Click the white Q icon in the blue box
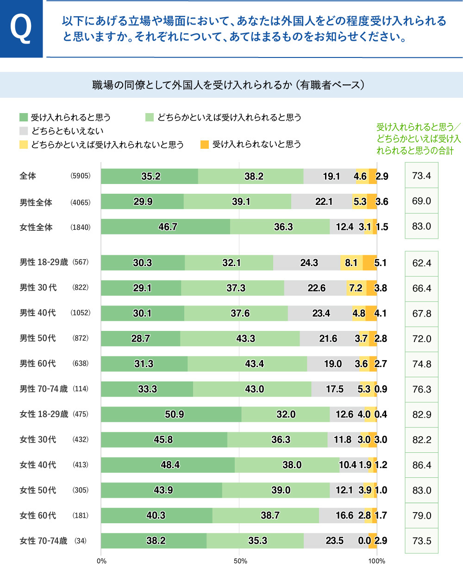coord(21,29)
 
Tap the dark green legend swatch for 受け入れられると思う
coord(24,117)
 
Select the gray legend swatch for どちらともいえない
coord(24,131)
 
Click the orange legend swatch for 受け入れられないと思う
coord(205,145)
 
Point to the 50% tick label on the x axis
coord(240,561)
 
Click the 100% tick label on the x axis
coord(376,561)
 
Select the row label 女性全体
coord(36,227)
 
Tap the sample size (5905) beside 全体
coord(81,176)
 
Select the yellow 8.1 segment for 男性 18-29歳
coord(351,263)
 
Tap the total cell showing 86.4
coord(421,465)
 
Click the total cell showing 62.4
coord(421,263)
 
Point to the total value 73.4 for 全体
coord(421,176)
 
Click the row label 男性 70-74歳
coord(44,389)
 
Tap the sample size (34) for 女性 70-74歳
coord(81,541)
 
